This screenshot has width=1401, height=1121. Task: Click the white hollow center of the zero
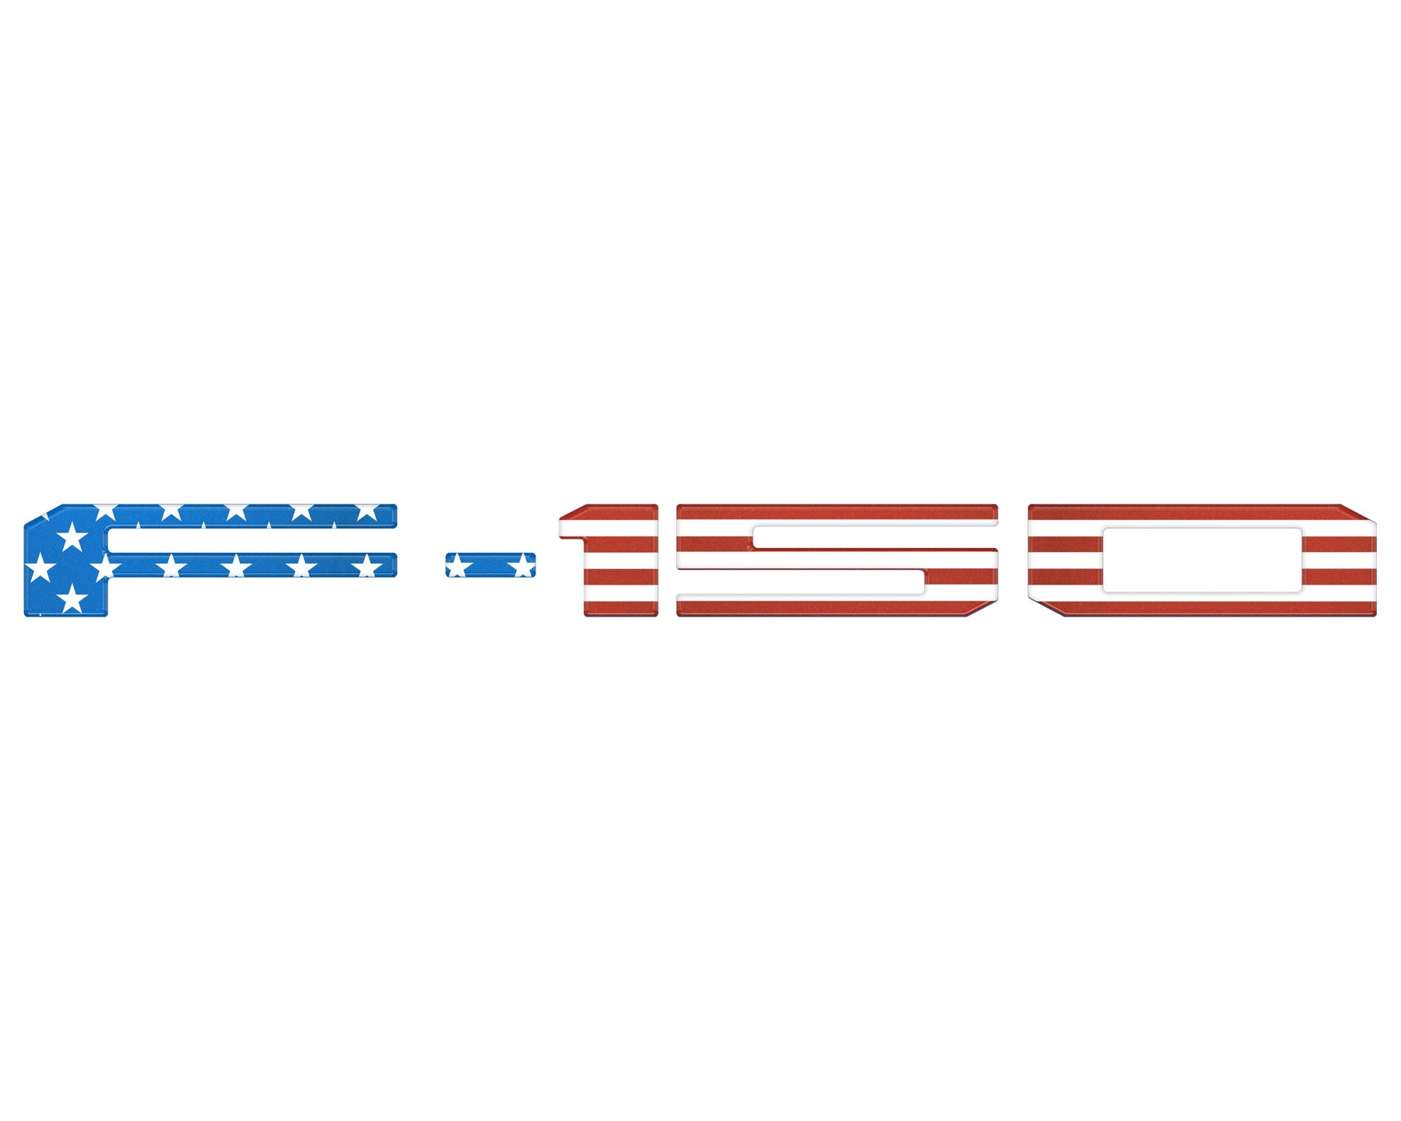pyautogui.click(x=1202, y=560)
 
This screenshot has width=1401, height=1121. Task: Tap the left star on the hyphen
pyautogui.click(x=457, y=565)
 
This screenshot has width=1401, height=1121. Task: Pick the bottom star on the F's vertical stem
pyautogui.click(x=72, y=598)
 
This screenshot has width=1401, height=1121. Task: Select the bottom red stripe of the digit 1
pyautogui.click(x=621, y=608)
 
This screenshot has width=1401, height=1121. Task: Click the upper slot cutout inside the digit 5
pyautogui.click(x=875, y=537)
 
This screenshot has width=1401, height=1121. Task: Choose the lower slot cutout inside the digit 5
pyautogui.click(x=801, y=582)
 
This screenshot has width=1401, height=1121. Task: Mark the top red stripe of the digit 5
pyautogui.click(x=837, y=511)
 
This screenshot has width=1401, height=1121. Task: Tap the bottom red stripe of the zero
pyautogui.click(x=1214, y=608)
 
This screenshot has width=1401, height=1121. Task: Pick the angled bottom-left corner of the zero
pyautogui.click(x=1045, y=608)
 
